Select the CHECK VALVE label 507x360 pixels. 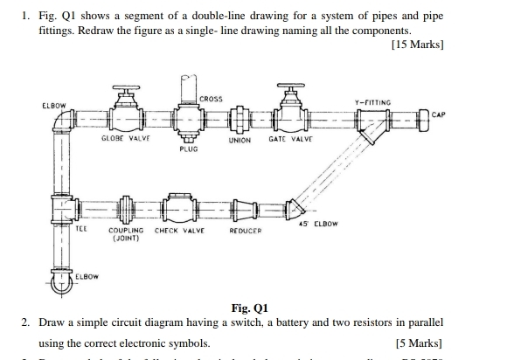(179, 232)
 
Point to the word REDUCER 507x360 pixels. (245, 232)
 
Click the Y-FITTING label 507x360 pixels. (372, 102)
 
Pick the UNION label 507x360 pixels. (240, 140)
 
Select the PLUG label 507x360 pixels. (188, 149)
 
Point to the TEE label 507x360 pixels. (81, 228)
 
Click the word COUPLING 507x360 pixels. (126, 232)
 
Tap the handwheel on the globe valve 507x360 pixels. (118, 88)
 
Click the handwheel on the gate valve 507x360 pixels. (287, 88)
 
